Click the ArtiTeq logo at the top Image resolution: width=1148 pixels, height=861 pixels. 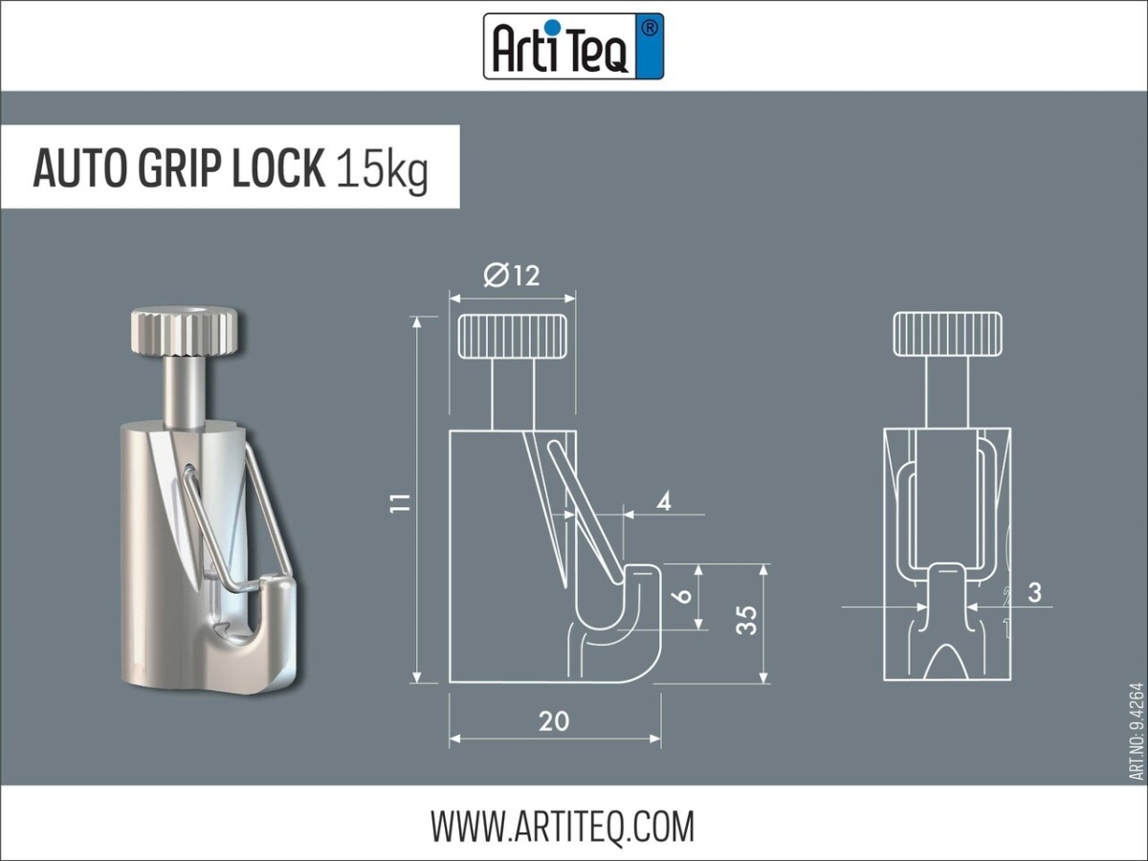point(573,45)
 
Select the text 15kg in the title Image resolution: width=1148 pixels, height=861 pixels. point(382,169)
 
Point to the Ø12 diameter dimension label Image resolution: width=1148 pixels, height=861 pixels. point(512,276)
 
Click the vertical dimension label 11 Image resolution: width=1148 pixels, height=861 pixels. point(402,501)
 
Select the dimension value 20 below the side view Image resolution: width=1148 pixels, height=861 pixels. point(554,720)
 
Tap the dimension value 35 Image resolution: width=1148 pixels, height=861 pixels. point(748,620)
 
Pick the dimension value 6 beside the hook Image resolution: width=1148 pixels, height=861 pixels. point(683,595)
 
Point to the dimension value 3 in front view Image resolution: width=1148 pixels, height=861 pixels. point(1034,592)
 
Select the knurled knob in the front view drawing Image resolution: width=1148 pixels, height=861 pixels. point(947,336)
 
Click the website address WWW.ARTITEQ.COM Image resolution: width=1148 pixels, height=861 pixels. point(562,825)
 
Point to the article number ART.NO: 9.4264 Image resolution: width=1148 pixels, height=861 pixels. point(1136,731)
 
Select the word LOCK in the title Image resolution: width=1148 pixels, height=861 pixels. point(277,168)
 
